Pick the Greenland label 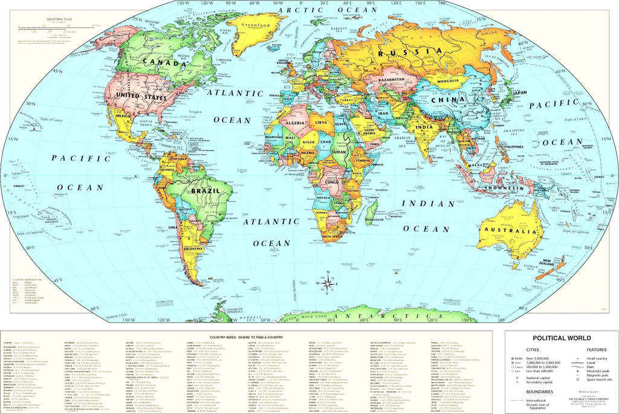click(255, 26)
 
